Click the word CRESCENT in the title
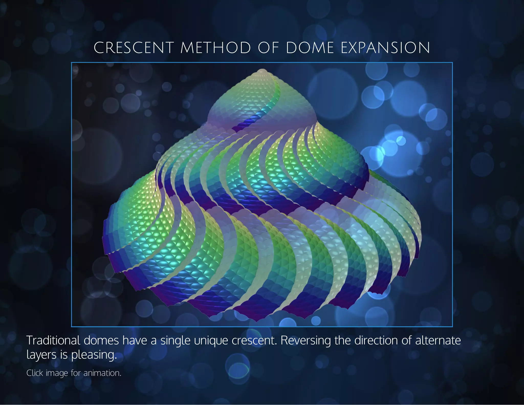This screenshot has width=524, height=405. (x=134, y=48)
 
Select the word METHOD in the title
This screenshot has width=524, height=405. (x=216, y=48)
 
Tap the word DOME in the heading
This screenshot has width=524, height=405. (x=310, y=48)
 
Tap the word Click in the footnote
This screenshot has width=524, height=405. (x=35, y=373)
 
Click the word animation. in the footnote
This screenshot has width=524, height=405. (x=102, y=373)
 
